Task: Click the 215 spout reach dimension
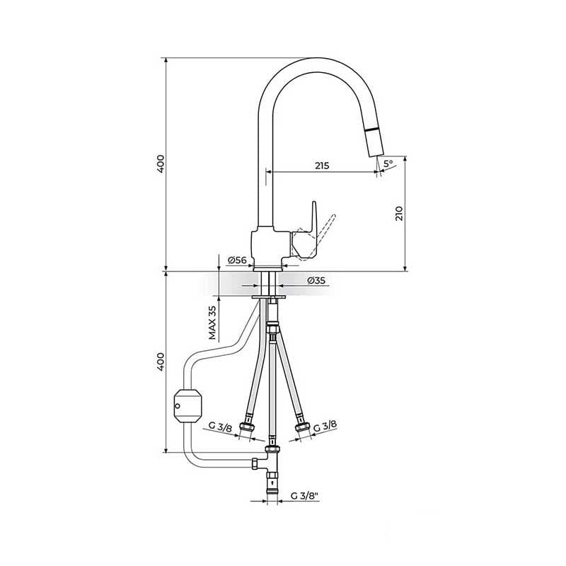[322, 166]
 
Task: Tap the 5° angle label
[388, 163]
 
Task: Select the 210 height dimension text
[399, 214]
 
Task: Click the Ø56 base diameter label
[237, 260]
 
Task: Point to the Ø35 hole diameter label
[316, 280]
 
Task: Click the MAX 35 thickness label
[212, 323]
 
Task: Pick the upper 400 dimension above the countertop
[161, 163]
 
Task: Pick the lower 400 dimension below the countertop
[161, 362]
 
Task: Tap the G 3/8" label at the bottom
[305, 496]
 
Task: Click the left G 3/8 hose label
[220, 427]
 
